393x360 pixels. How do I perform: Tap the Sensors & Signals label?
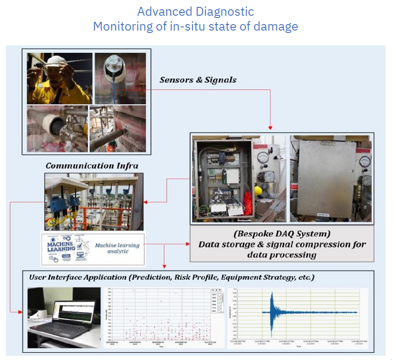(x=198, y=80)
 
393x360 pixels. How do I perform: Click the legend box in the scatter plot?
(x=216, y=301)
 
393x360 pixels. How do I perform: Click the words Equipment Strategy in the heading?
(x=256, y=278)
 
